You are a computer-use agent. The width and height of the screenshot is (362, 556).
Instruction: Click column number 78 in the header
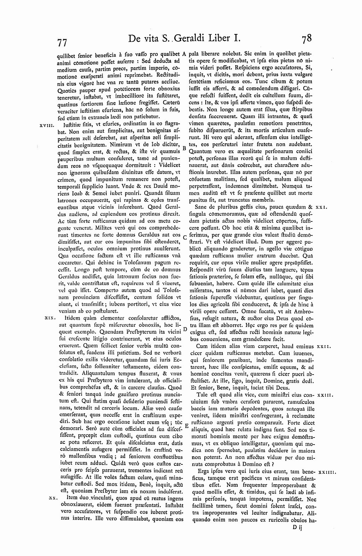click(x=304, y=38)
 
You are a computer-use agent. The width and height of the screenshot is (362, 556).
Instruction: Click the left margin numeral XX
click(x=52, y=498)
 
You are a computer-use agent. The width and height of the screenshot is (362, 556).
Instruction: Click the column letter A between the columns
click(x=184, y=54)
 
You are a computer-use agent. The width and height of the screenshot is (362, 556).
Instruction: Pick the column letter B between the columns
click(x=184, y=147)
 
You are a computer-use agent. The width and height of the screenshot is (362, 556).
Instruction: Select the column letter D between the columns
click(x=184, y=329)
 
